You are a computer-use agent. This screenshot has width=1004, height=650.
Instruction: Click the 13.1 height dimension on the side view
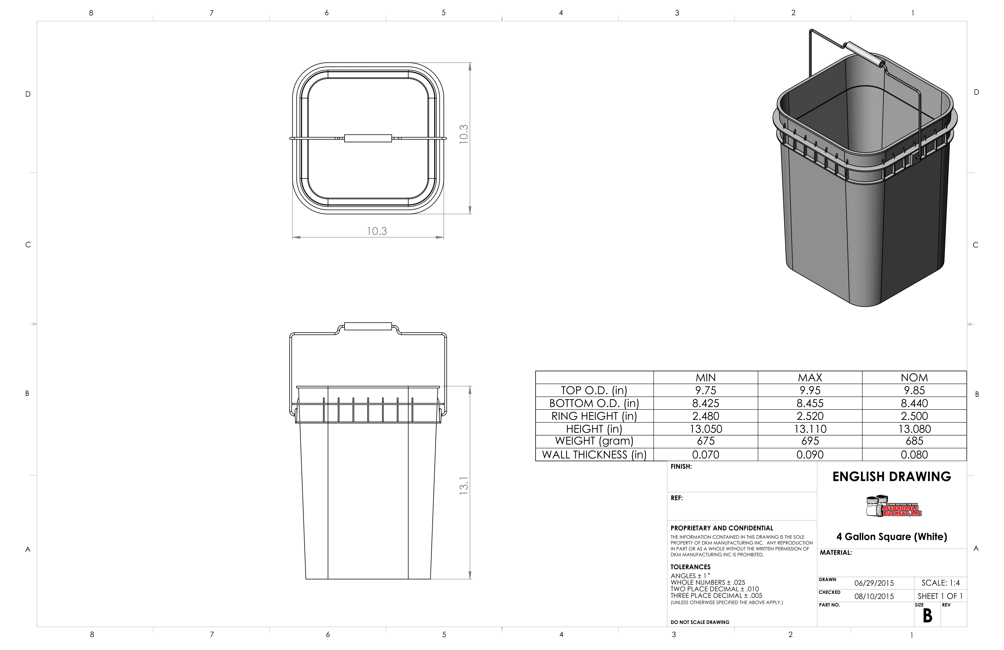click(464, 486)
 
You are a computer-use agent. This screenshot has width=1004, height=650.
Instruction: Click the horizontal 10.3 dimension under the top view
click(377, 231)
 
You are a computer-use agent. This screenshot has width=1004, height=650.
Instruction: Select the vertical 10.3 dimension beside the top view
click(464, 134)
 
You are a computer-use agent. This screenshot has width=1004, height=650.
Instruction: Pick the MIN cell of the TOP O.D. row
click(706, 390)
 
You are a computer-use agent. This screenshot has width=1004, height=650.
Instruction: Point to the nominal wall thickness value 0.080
click(914, 455)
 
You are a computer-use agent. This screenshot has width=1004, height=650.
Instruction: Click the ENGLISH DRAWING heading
click(892, 477)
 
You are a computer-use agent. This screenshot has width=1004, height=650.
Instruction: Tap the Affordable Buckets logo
click(894, 506)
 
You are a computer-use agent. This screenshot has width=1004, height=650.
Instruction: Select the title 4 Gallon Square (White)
click(892, 537)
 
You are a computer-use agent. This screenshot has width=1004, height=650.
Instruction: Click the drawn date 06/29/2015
click(874, 583)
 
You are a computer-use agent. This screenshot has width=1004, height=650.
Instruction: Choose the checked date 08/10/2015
click(874, 597)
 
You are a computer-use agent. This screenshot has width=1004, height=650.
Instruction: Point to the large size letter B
click(927, 616)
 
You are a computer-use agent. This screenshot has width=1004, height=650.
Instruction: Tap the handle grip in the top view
click(368, 138)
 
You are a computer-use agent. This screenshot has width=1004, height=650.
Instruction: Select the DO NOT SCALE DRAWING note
click(700, 622)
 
